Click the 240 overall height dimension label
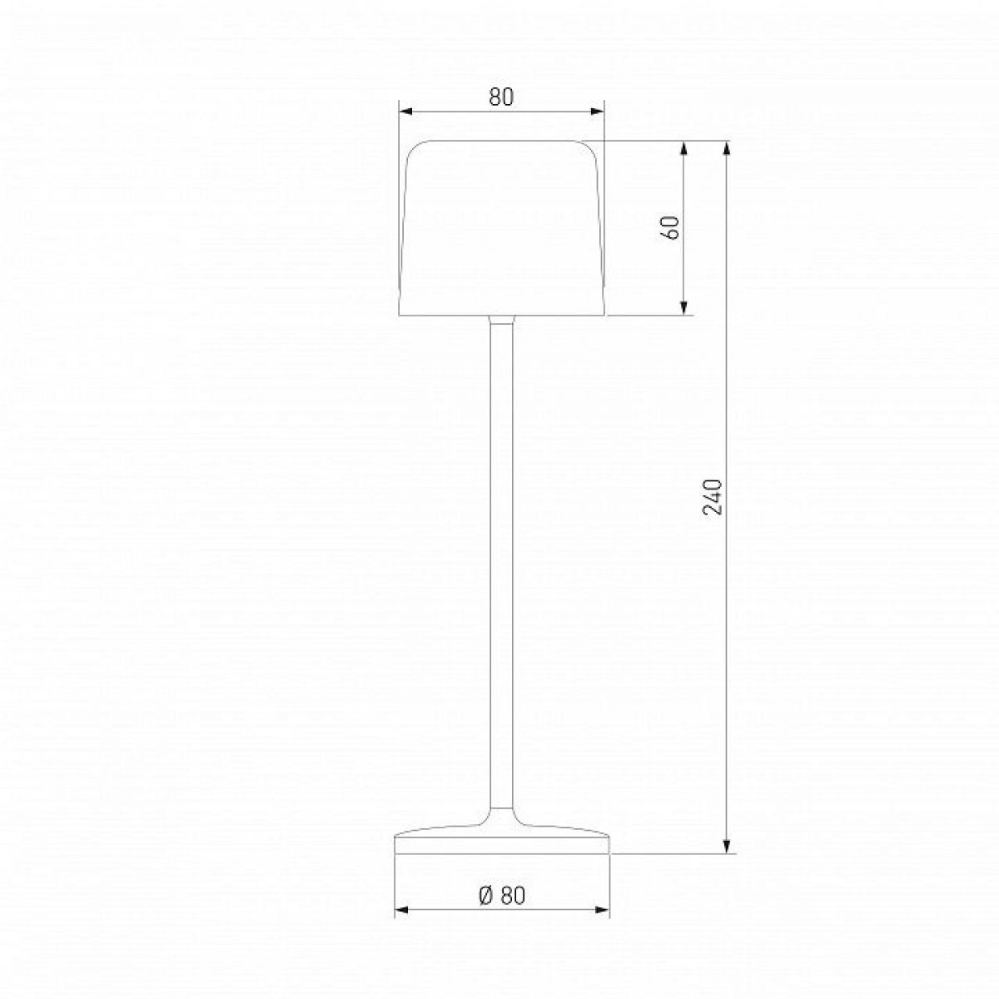[x=712, y=497]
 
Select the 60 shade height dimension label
[x=671, y=227]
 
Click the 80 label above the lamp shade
[x=501, y=97]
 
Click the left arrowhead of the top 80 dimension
[x=405, y=112]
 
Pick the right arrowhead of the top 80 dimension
[x=598, y=112]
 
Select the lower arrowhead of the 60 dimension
[x=683, y=308]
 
